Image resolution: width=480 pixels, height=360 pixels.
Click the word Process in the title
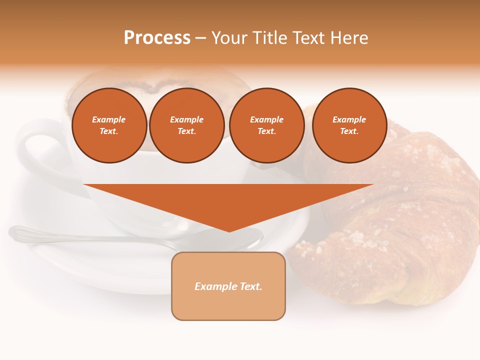pyautogui.click(x=157, y=38)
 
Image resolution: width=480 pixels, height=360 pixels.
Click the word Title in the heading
pyautogui.click(x=269, y=38)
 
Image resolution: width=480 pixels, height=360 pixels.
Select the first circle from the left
pyautogui.click(x=109, y=125)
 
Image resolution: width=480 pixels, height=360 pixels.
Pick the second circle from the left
pyautogui.click(x=187, y=125)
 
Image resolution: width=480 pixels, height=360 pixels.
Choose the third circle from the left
pyautogui.click(x=266, y=125)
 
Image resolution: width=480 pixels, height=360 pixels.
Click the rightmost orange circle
pyautogui.click(x=349, y=125)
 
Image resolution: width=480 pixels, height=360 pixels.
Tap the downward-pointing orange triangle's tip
pyautogui.click(x=229, y=230)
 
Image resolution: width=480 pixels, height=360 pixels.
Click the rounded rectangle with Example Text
pyautogui.click(x=228, y=286)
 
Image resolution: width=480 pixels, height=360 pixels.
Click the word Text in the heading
pyautogui.click(x=307, y=38)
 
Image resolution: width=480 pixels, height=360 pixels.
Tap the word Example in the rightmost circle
pyautogui.click(x=349, y=119)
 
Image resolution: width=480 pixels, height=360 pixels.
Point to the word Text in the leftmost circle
pyautogui.click(x=109, y=131)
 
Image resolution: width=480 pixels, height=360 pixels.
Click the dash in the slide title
pyautogui.click(x=201, y=38)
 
